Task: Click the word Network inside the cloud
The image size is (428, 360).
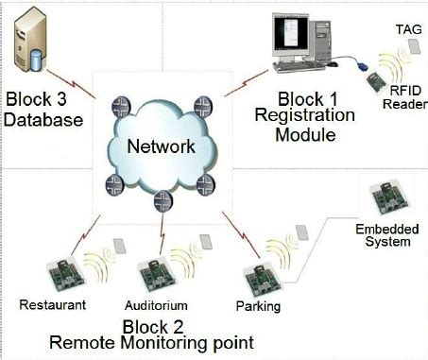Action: (x=163, y=146)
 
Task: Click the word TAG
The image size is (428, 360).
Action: (x=402, y=31)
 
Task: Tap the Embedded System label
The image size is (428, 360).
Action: (x=383, y=235)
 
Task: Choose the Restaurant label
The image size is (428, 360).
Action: (x=54, y=305)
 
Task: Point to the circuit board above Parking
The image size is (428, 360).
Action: (x=259, y=277)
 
